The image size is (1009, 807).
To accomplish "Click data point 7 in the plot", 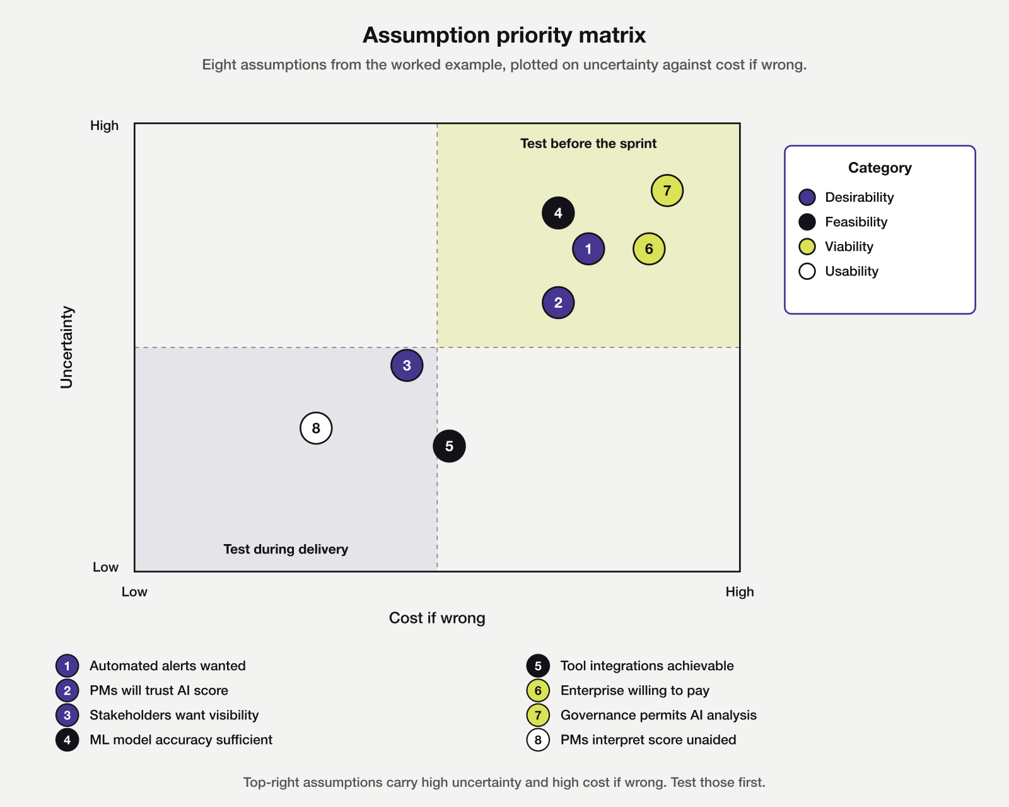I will (x=667, y=190).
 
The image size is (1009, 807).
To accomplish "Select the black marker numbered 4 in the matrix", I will (x=558, y=213).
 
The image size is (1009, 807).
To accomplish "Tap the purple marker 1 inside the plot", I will (x=588, y=249).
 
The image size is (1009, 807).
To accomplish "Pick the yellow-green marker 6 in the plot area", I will (x=649, y=249).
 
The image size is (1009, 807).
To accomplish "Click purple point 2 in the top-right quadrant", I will (x=558, y=303).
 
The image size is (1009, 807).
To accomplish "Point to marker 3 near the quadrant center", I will (x=407, y=365).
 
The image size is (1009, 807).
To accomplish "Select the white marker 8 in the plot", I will (x=316, y=428).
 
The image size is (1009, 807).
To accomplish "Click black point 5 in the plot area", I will (x=449, y=446).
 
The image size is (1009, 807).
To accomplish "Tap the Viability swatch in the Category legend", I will (x=807, y=247).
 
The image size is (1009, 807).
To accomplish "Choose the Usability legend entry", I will (x=851, y=271).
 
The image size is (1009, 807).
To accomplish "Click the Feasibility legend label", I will (x=856, y=222).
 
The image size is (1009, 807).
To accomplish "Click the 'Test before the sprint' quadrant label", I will (x=588, y=144).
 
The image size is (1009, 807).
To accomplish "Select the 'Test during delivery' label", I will (x=286, y=549).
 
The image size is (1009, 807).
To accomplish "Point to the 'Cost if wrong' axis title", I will (x=437, y=618).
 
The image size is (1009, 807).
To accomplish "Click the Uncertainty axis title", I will (x=67, y=347).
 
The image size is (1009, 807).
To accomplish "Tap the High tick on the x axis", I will (x=739, y=592).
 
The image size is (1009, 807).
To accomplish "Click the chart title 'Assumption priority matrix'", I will (x=504, y=35).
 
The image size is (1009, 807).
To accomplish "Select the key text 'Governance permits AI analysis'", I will (x=658, y=715).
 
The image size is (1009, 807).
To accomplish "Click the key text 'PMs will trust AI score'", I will (x=159, y=690).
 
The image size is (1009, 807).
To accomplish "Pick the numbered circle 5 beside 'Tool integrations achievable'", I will (x=538, y=666).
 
